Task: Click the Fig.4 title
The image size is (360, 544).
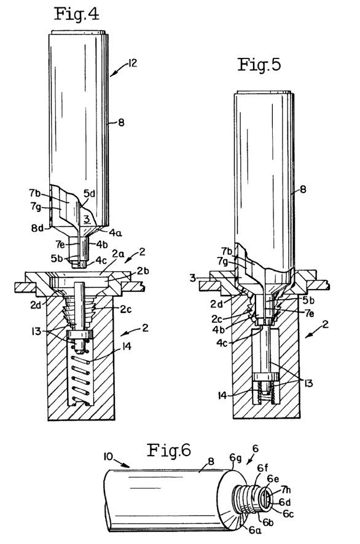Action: point(77,14)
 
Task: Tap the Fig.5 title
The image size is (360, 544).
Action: point(259,65)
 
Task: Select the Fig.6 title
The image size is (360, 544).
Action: point(169,451)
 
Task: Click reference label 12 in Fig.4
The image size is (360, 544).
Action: point(132,63)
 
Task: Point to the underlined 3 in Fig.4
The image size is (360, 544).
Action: point(87,219)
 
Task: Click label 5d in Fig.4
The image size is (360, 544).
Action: point(89,194)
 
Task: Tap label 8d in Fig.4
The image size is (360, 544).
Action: point(37,229)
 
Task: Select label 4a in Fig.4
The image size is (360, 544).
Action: point(115,232)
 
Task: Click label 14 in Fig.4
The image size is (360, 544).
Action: point(127,346)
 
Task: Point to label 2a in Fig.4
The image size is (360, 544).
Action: point(118,254)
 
